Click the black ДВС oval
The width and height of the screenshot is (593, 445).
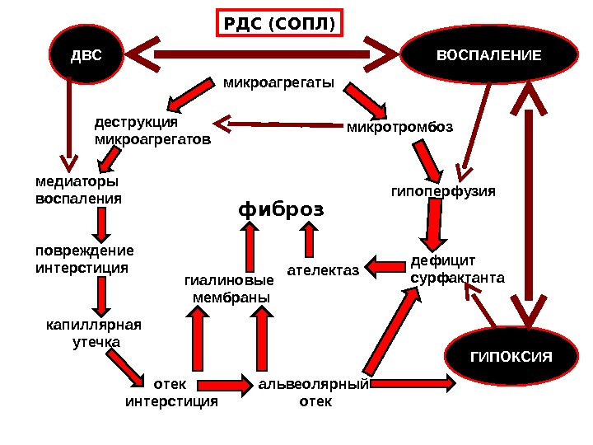(86, 56)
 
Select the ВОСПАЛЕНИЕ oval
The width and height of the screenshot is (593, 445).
(488, 56)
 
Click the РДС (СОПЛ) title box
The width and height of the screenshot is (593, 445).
(280, 24)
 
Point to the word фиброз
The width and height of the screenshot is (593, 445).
(282, 209)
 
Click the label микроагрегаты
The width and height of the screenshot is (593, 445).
(279, 83)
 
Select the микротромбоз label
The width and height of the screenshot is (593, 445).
(399, 127)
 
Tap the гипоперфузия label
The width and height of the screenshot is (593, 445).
(442, 191)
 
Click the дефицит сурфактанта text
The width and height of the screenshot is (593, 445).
(456, 270)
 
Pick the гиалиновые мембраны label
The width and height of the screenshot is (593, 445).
(229, 288)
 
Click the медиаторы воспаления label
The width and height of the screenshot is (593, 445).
(77, 190)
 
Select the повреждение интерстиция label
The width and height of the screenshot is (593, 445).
(83, 260)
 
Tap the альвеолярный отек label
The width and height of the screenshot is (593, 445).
(314, 393)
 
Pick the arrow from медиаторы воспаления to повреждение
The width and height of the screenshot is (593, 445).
(100, 222)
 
